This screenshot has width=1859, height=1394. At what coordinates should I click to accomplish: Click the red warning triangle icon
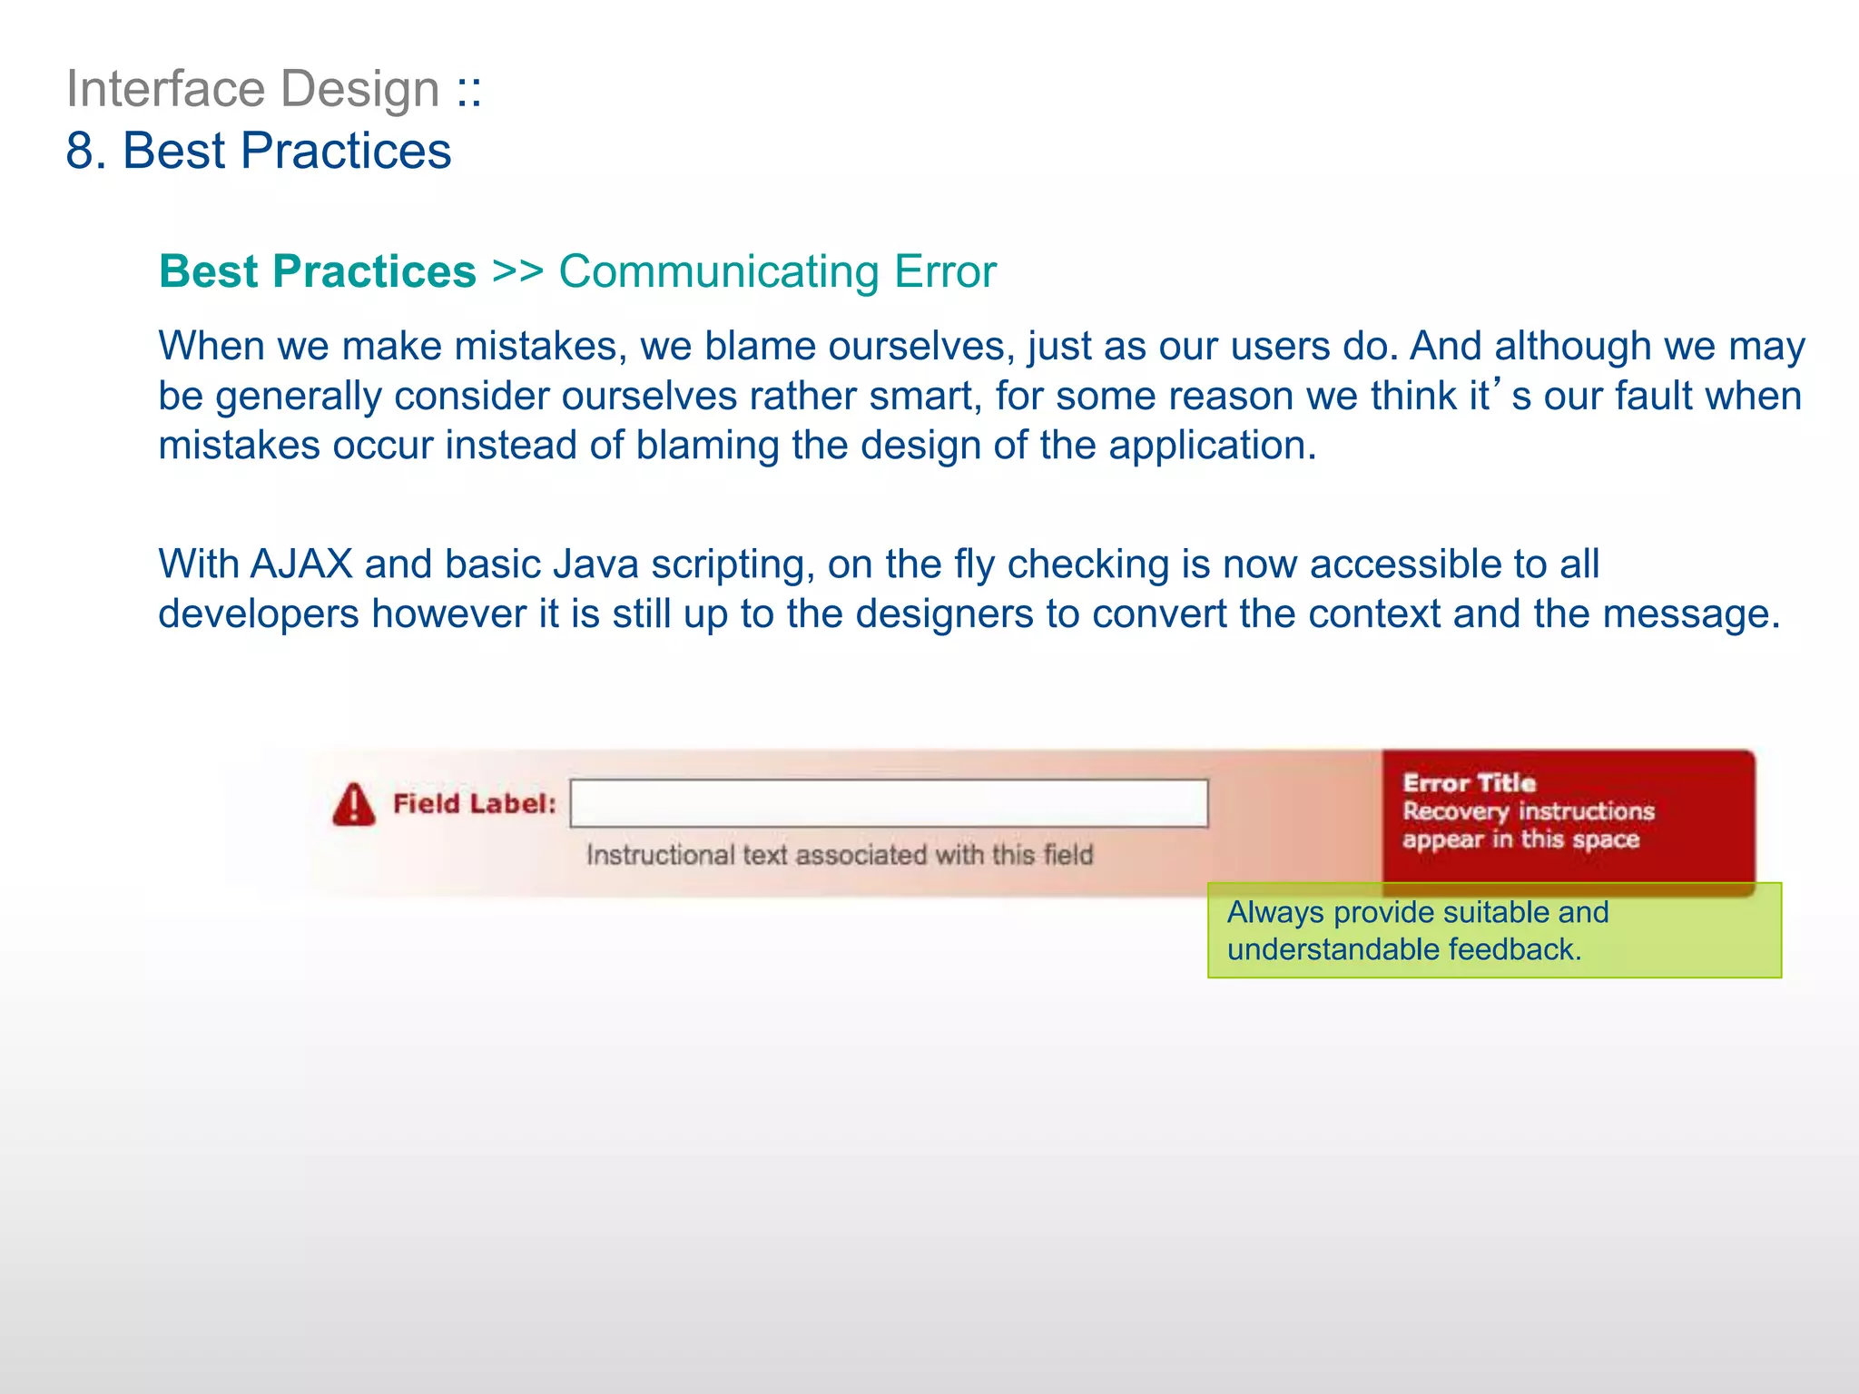[353, 805]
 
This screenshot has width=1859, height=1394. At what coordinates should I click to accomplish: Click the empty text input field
[889, 803]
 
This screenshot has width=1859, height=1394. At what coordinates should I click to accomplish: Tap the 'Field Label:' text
[474, 804]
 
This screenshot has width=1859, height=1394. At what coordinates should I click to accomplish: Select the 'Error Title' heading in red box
[1469, 782]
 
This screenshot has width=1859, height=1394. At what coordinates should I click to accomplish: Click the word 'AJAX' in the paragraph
[300, 564]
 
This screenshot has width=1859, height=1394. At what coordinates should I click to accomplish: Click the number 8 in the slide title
[80, 151]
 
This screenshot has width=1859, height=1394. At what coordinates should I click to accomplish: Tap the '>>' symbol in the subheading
[516, 271]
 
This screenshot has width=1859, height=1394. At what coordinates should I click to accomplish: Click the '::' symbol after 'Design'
[469, 89]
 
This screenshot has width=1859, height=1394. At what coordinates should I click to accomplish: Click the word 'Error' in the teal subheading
[945, 271]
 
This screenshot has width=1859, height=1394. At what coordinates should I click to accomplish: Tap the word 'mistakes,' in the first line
[540, 346]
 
